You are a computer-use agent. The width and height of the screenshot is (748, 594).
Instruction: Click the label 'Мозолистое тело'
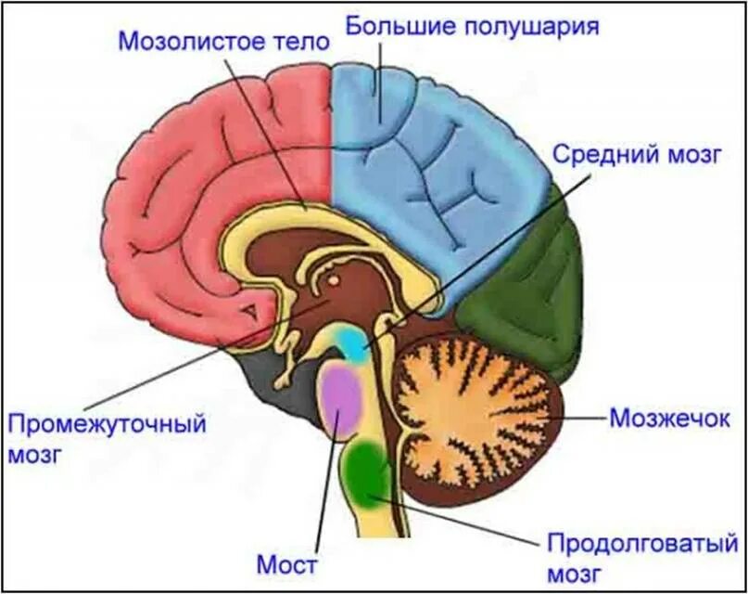(x=224, y=41)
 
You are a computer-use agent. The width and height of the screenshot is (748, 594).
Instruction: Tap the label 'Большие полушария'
(x=472, y=25)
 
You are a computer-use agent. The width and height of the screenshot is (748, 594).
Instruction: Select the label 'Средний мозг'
(x=636, y=154)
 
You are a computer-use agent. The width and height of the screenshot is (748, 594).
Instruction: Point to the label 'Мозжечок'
(x=670, y=419)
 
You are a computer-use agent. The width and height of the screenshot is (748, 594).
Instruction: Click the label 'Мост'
(x=287, y=563)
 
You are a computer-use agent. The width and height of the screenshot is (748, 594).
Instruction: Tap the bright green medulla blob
(x=370, y=468)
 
